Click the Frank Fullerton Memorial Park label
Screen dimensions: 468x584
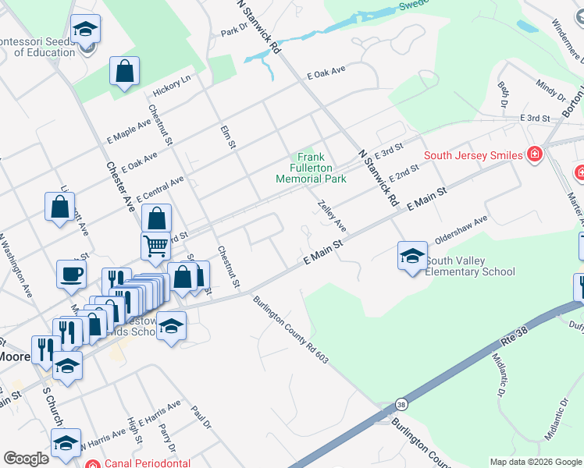click(x=311, y=168)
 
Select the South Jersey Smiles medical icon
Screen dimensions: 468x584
click(x=534, y=154)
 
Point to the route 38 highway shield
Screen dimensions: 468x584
click(x=401, y=405)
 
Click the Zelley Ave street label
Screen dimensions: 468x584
click(x=332, y=214)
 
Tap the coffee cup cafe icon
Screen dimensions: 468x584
click(x=71, y=274)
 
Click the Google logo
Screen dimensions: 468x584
click(x=26, y=459)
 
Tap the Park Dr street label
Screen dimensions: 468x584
click(x=233, y=32)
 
